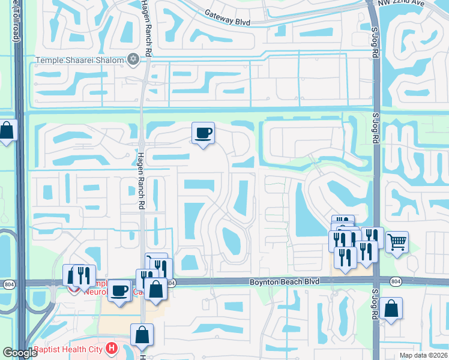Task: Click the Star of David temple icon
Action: [x=133, y=59]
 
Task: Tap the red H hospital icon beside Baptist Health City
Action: [x=110, y=347]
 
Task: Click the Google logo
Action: [x=20, y=353]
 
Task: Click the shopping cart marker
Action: [x=397, y=242]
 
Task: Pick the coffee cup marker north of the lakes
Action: [x=203, y=133]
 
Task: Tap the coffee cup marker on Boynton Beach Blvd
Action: [x=119, y=290]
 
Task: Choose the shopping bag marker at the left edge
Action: [x=7, y=130]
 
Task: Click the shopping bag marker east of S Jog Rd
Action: [x=391, y=308]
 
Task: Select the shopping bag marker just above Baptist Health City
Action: [x=142, y=335]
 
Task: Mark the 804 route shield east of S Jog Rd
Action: [x=395, y=281]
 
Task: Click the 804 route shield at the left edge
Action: [x=10, y=283]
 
